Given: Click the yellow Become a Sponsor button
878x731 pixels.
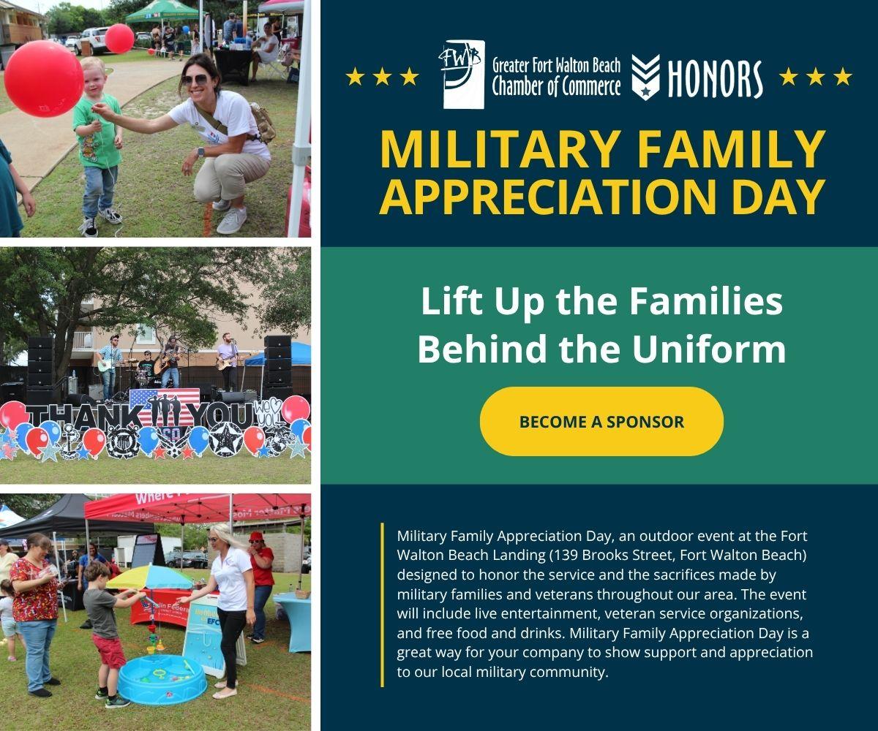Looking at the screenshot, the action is click(x=601, y=421).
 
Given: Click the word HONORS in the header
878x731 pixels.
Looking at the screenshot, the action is click(x=715, y=78).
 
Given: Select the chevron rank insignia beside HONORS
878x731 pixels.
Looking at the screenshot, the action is click(x=645, y=77).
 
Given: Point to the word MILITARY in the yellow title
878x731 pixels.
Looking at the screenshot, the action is click(x=500, y=149).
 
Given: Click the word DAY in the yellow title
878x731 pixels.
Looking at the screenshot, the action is click(x=778, y=197).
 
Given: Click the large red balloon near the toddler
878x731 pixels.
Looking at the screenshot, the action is click(x=44, y=78).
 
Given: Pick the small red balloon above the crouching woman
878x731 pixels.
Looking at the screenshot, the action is click(x=119, y=38).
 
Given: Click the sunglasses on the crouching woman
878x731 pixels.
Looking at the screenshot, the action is click(x=195, y=80).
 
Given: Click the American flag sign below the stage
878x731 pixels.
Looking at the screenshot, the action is click(x=165, y=407).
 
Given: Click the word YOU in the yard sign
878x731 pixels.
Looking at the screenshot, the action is click(x=221, y=417).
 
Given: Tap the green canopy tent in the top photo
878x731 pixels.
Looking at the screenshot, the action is click(x=162, y=12).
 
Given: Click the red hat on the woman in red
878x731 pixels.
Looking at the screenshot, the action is click(x=255, y=537).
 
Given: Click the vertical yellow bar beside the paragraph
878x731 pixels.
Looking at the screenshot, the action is click(x=382, y=605).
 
